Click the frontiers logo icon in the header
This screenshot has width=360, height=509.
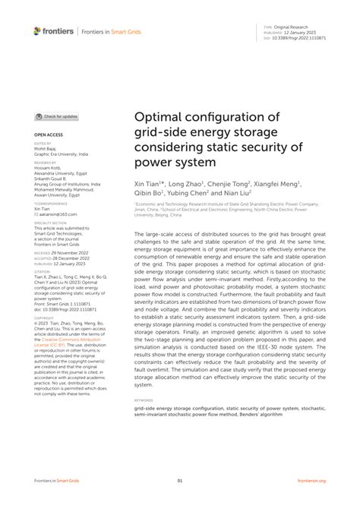pos(36,30)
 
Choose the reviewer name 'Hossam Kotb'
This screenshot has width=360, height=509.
pos(48,166)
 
